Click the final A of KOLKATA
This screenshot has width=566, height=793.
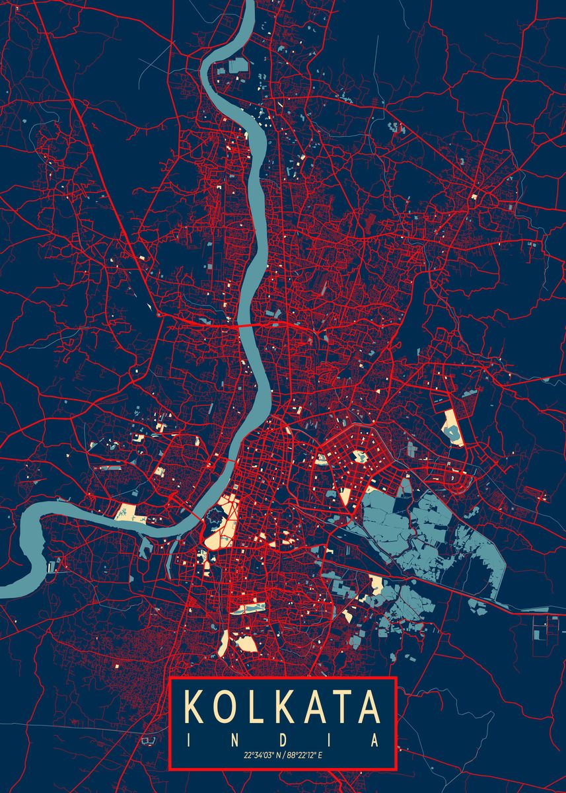[369, 707]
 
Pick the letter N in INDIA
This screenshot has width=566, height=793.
[236, 739]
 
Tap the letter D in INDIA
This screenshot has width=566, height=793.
[283, 739]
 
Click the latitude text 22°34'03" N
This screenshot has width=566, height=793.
[262, 755]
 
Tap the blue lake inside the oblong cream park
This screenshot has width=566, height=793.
[454, 433]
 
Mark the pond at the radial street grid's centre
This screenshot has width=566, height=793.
[360, 455]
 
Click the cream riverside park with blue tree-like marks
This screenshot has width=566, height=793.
[125, 511]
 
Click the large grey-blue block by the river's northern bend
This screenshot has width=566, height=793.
[238, 65]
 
